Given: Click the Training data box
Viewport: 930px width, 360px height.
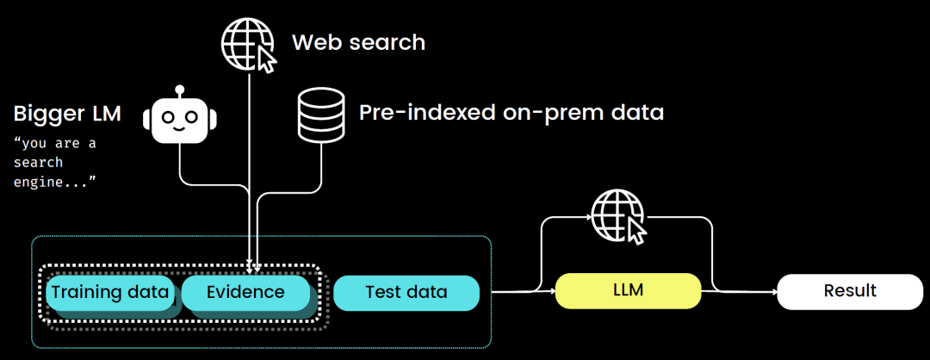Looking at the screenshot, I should (110, 293).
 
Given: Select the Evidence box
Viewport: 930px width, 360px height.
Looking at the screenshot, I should (245, 293).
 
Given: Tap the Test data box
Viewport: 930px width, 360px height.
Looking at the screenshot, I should (406, 293).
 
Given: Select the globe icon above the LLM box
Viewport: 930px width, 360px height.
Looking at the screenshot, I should (617, 216).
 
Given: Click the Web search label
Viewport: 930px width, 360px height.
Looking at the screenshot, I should (358, 42).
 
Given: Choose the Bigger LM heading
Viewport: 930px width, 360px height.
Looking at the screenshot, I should (68, 114).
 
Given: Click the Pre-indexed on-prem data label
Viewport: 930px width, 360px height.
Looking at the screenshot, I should (512, 113).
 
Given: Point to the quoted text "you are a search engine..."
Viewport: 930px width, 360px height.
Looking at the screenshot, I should (54, 162).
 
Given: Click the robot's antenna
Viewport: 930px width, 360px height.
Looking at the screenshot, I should (179, 89).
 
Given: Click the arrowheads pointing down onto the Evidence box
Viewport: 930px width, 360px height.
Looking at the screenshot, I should (253, 265).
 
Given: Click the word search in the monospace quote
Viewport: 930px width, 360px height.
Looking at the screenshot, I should (39, 162).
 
